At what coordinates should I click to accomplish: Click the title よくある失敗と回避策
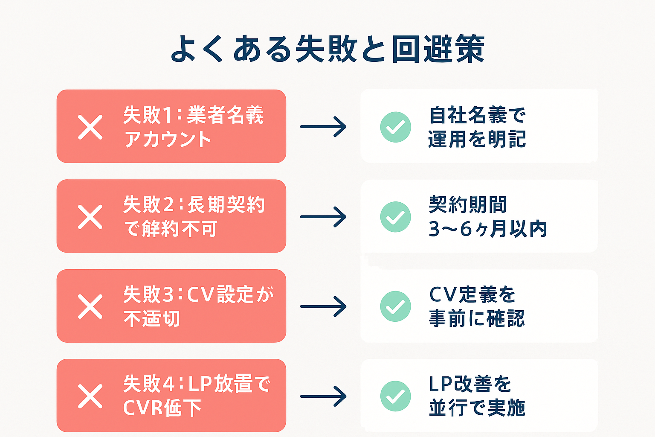tap(327, 49)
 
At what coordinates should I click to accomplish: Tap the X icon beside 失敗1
tap(90, 127)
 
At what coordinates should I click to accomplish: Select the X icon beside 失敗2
tap(90, 217)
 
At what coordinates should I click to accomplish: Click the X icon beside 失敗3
tap(90, 306)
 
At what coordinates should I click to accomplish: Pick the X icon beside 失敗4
tap(90, 396)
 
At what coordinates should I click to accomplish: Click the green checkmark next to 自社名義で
tap(395, 127)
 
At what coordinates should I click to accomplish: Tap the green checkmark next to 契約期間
tap(395, 217)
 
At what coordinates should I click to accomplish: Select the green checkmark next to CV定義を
tap(395, 306)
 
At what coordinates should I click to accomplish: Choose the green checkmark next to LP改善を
tap(395, 396)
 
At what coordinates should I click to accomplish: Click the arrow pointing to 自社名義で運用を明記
tap(323, 127)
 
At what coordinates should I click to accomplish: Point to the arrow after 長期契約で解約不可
tap(323, 217)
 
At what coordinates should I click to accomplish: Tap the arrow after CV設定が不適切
tap(323, 306)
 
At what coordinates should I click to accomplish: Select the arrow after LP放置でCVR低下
tap(323, 396)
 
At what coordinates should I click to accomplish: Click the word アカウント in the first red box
tap(168, 140)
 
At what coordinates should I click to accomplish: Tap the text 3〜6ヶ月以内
tap(487, 229)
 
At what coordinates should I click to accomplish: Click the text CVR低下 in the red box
tap(162, 408)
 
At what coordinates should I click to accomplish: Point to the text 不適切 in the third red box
tap(152, 319)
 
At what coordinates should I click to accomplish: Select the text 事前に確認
tap(477, 319)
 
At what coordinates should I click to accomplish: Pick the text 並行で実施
tap(477, 408)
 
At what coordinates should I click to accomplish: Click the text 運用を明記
tap(477, 140)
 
